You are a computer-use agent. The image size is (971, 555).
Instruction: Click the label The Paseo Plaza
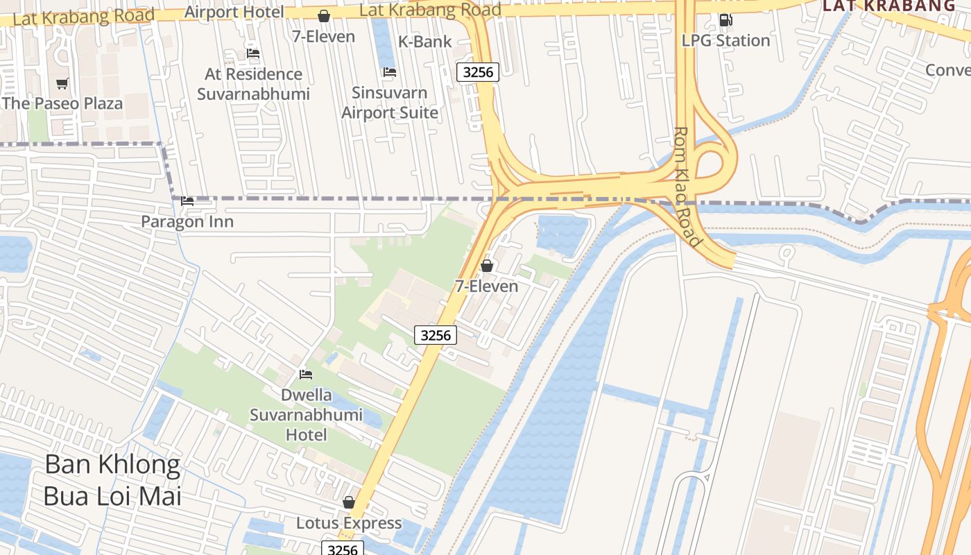[x=62, y=103]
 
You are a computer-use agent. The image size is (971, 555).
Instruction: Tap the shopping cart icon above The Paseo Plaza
[x=62, y=84]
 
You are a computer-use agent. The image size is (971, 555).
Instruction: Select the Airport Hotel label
[x=234, y=12]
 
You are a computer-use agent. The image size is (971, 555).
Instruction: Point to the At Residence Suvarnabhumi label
[x=253, y=84]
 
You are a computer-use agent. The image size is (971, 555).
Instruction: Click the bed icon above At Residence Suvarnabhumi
[x=253, y=53]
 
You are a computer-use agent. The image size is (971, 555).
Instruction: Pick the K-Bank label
[x=424, y=42]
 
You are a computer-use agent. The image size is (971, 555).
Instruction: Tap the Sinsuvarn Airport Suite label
[x=390, y=103]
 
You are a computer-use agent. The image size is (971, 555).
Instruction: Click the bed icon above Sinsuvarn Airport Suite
[x=390, y=72]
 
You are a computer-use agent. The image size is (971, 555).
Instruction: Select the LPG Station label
[x=725, y=40]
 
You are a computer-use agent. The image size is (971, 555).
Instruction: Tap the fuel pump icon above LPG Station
[x=725, y=20]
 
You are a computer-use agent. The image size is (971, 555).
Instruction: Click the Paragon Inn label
[x=187, y=222]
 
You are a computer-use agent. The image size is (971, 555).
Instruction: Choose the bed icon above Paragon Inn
[x=187, y=202]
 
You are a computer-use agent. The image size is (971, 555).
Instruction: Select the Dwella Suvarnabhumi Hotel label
[x=306, y=415]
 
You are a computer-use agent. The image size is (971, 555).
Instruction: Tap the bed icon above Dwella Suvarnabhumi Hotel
[x=306, y=375]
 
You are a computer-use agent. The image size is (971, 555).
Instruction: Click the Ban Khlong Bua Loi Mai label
[x=112, y=480]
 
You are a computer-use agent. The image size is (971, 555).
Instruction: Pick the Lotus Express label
[x=349, y=523]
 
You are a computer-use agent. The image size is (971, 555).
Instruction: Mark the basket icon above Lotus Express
[x=349, y=502]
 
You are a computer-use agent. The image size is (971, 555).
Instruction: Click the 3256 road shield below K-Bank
[x=478, y=72]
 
